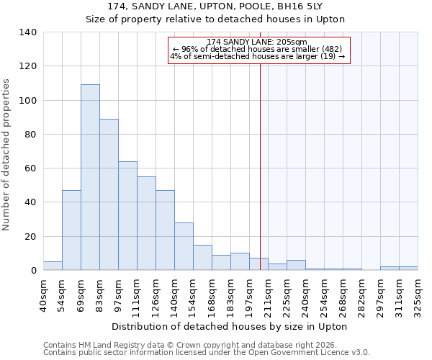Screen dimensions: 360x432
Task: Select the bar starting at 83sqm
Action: [109, 194]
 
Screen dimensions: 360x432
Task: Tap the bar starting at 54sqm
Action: [71, 230]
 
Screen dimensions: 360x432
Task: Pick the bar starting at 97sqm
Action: [127, 216]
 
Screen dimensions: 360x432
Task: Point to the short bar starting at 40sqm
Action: [53, 266]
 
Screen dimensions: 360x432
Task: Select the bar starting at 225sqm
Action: [296, 265]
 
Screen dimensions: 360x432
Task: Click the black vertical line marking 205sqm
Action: [260, 158]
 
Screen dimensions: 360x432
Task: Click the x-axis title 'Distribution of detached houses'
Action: [230, 326]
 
